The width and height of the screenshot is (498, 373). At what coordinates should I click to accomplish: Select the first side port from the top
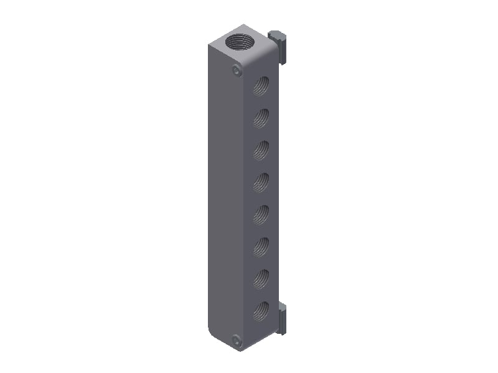pos(261,86)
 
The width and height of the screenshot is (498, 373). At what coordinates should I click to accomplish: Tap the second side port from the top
pos(261,117)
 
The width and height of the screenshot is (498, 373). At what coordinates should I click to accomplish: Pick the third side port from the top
pos(261,150)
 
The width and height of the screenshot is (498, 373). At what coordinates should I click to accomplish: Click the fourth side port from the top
pos(261,182)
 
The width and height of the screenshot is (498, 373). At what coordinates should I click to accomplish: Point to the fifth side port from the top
pos(261,214)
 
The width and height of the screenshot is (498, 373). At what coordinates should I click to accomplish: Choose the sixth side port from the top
pos(261,247)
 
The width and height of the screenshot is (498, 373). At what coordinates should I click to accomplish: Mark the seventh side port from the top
pos(261,279)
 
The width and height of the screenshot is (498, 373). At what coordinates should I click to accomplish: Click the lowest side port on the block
pos(261,310)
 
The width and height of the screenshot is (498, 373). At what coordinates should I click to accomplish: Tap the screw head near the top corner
pos(236,71)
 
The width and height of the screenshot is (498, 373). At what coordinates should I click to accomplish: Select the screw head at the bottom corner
pos(236,341)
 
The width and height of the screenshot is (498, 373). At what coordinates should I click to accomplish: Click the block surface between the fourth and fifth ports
pos(261,198)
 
